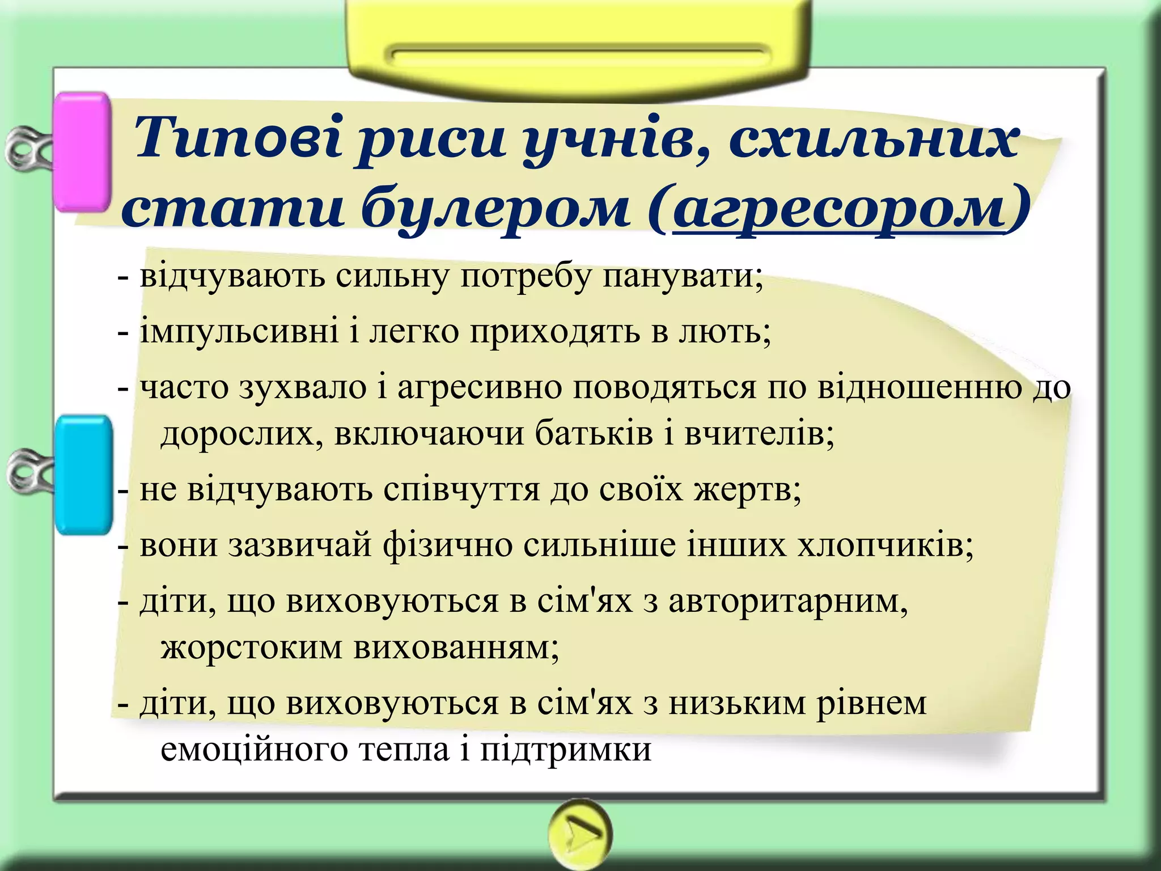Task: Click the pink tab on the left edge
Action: tap(82, 152)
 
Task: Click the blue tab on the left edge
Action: tap(84, 475)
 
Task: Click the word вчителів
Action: tap(759, 433)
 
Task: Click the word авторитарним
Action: tap(788, 601)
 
